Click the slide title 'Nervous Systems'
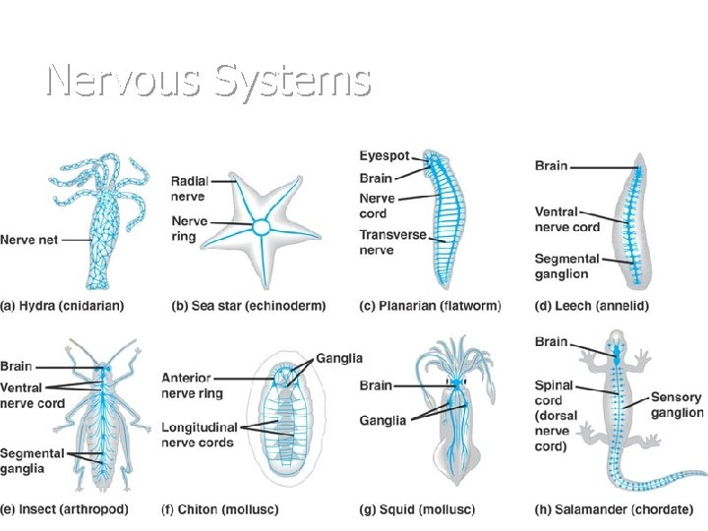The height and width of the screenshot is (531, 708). coord(207,80)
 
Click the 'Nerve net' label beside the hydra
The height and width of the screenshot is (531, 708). coord(29,240)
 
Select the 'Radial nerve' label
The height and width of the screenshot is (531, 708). coord(188,189)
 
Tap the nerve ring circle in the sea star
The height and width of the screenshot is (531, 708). coord(262,228)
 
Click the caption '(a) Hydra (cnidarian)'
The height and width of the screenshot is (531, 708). coord(62,306)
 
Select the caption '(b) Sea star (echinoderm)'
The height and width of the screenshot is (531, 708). coord(248,306)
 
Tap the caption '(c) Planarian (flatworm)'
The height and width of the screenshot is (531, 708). coord(430,306)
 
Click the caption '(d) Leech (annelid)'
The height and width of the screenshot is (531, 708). coord(592,306)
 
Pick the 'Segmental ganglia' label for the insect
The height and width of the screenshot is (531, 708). coord(32,460)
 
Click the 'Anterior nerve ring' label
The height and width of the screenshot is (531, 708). coord(193,385)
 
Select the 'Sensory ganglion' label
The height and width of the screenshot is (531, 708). coord(677,405)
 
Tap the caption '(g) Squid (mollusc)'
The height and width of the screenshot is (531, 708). coord(421,509)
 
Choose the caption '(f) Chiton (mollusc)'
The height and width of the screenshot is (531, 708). coord(221,509)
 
